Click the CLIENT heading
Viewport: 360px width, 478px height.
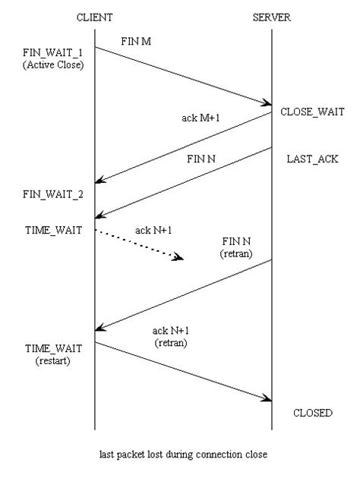pos(94,17)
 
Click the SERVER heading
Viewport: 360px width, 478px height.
pos(271,17)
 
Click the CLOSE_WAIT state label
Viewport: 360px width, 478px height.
pos(307,112)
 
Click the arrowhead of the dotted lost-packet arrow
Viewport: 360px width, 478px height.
pos(180,259)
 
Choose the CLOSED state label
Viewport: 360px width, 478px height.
pos(312,414)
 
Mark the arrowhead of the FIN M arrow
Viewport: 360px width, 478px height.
pos(267,102)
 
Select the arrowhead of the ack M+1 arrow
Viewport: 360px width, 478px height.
pos(99,181)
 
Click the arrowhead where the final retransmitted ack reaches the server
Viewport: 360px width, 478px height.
pos(267,398)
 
